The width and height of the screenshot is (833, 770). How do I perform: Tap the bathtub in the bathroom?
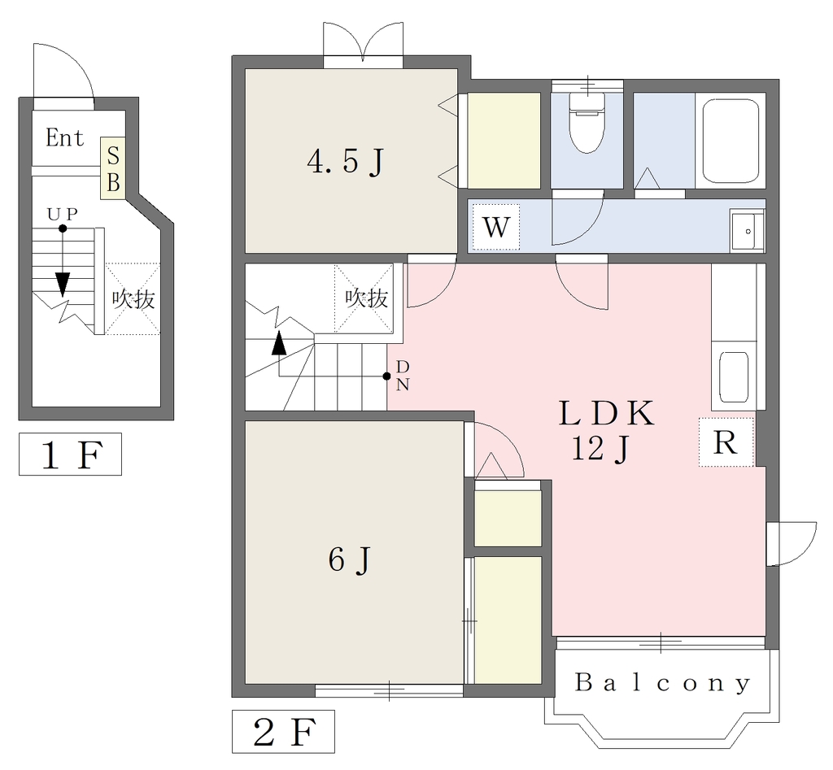(x=731, y=141)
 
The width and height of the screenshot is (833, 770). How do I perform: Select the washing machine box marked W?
(x=495, y=228)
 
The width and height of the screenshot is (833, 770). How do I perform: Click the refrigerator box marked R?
(x=726, y=442)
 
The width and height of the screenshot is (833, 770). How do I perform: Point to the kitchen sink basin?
(x=734, y=376)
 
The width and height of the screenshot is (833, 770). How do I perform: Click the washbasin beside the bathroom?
(x=747, y=232)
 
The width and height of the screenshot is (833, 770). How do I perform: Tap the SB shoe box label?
(x=113, y=169)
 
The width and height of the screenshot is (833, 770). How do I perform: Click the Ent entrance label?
(x=64, y=138)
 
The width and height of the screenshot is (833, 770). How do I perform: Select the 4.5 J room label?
(x=345, y=162)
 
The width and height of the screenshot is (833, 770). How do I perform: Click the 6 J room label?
(x=349, y=559)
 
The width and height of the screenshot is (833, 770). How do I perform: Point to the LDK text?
(x=606, y=413)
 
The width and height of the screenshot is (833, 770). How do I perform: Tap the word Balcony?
(x=663, y=683)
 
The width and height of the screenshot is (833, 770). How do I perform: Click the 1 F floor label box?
(x=70, y=454)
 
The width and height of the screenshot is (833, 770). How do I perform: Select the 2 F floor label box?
(x=283, y=731)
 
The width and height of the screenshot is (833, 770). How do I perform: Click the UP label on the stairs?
(x=62, y=214)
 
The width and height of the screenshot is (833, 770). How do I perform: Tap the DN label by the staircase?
(x=403, y=376)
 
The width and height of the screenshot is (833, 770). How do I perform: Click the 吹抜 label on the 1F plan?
(x=133, y=299)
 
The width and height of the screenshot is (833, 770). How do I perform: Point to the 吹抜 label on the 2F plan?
(x=367, y=298)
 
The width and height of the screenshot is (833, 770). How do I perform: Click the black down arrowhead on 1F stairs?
(x=63, y=284)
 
